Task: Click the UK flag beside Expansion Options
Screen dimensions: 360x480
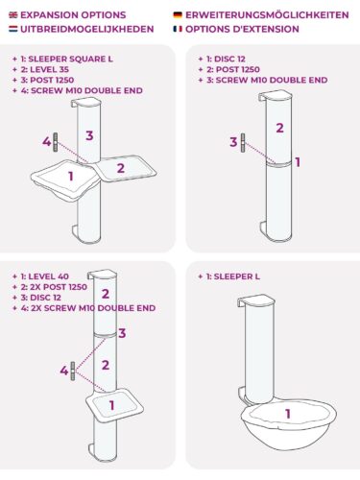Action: point(13,15)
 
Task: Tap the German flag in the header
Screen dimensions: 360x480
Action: point(178,15)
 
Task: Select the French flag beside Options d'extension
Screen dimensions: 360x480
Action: point(178,29)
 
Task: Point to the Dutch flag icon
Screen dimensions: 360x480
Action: point(13,29)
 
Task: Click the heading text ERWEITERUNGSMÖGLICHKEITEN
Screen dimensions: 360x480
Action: point(267,15)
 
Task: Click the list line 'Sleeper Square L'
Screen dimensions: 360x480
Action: point(62,59)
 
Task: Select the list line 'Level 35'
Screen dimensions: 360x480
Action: point(40,69)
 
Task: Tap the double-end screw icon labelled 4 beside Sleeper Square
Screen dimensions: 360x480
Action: point(56,142)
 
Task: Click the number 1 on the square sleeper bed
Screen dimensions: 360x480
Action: point(71,176)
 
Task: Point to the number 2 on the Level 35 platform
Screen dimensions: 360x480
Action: point(121,168)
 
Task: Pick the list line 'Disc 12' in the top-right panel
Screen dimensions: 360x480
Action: point(222,59)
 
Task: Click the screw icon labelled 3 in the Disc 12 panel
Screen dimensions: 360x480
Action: point(243,143)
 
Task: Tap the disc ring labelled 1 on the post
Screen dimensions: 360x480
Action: point(278,163)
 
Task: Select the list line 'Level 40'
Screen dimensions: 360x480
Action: point(40,276)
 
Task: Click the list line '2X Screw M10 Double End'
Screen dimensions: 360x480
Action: point(84,308)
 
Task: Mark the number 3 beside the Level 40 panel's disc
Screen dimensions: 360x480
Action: point(122,333)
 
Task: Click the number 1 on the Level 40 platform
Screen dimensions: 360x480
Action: point(111,405)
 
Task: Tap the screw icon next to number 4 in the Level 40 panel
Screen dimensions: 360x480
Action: point(73,372)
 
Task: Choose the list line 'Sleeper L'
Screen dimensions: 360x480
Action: point(228,276)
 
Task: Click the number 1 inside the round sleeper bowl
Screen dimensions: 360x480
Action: point(288,414)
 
